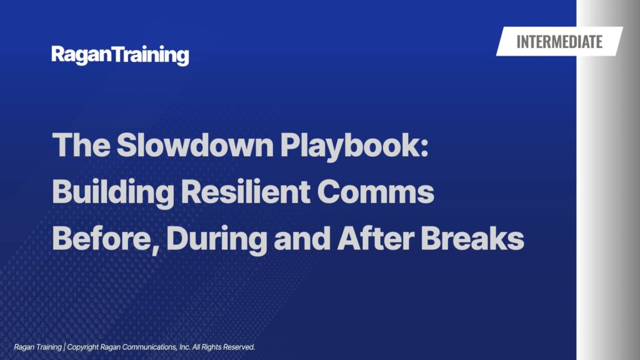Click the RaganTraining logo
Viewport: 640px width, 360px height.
(x=120, y=55)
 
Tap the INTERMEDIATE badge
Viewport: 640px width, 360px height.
(x=559, y=41)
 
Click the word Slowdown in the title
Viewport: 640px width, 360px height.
(x=195, y=145)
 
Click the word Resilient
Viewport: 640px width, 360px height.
(x=245, y=191)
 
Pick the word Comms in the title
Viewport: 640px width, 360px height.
(x=376, y=192)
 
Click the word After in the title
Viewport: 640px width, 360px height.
(x=376, y=238)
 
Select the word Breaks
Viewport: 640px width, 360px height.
(x=472, y=238)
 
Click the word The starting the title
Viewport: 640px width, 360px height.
(x=81, y=145)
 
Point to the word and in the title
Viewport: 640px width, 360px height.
(x=302, y=238)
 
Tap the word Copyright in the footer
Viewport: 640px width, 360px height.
(x=83, y=347)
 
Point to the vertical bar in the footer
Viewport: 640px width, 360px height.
(x=64, y=347)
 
